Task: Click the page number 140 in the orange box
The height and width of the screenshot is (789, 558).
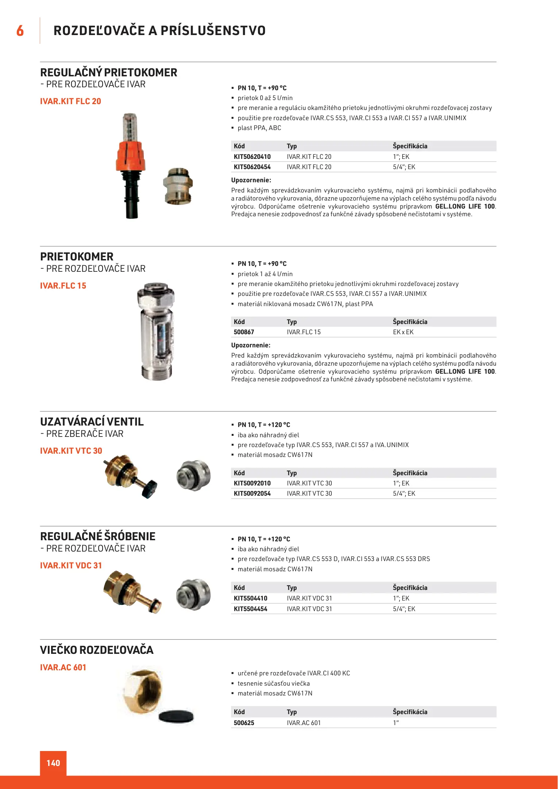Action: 53,763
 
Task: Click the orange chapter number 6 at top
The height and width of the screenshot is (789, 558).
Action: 20,31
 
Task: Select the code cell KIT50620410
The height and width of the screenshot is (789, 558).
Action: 252,157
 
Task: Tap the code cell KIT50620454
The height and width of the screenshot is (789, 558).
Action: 252,167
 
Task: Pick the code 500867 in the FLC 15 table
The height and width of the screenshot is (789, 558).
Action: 244,332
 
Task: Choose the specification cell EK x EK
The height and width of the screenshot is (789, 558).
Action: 403,332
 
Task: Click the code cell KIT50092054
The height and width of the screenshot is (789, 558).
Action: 252,493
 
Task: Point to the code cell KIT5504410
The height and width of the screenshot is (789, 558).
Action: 250,598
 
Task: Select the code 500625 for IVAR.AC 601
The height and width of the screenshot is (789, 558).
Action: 244,723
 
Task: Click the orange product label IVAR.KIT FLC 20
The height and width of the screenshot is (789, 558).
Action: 70,101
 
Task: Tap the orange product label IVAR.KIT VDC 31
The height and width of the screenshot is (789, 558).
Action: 71,565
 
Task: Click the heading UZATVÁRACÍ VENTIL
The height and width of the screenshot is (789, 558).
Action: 92,422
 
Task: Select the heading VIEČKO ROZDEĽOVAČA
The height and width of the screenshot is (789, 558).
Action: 97,650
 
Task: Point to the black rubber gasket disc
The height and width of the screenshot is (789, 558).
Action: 176,716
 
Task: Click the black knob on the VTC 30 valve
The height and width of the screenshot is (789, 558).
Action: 150,488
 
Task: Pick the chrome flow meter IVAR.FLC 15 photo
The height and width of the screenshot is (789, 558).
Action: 156,332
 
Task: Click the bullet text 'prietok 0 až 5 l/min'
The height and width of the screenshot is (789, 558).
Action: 265,98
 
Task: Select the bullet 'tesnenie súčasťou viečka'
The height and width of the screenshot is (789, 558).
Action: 273,683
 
